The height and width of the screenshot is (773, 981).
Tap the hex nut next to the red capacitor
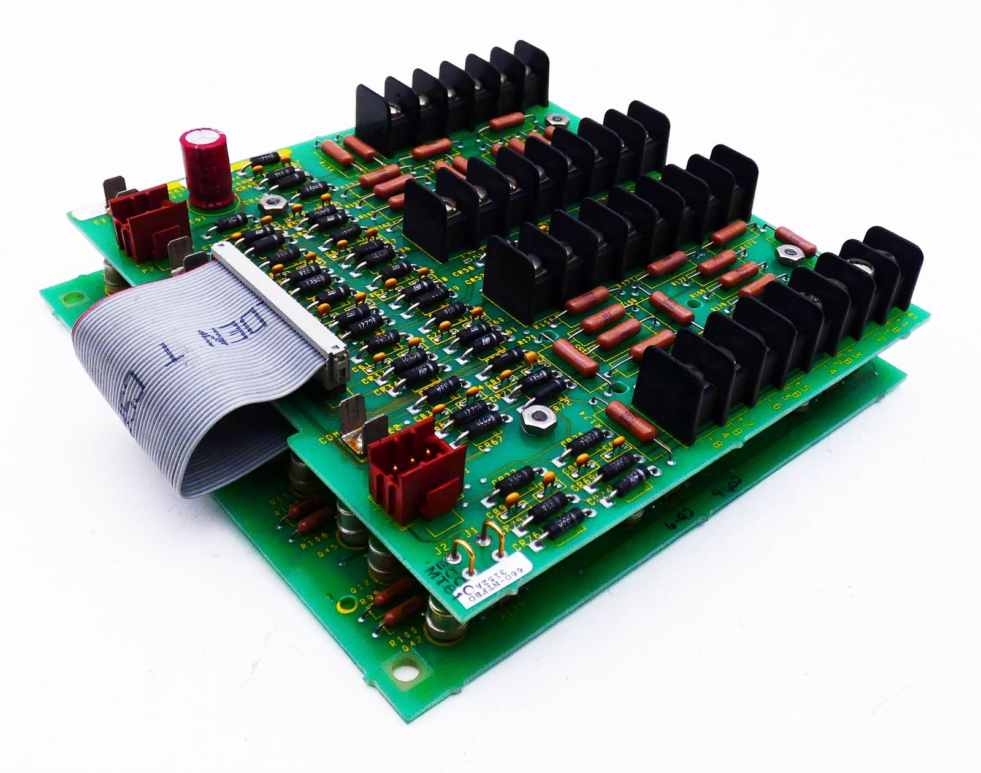(x=268, y=203)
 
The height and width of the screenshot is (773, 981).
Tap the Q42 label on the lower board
(x=411, y=642)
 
